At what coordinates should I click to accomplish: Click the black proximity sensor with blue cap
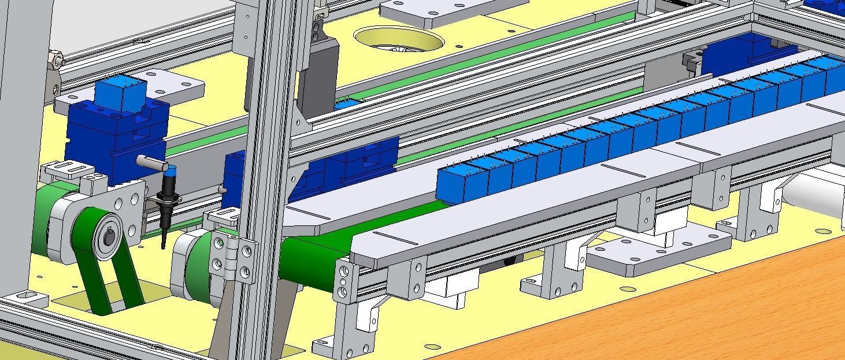point(168,199)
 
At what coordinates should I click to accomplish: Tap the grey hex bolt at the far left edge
point(56,59)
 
